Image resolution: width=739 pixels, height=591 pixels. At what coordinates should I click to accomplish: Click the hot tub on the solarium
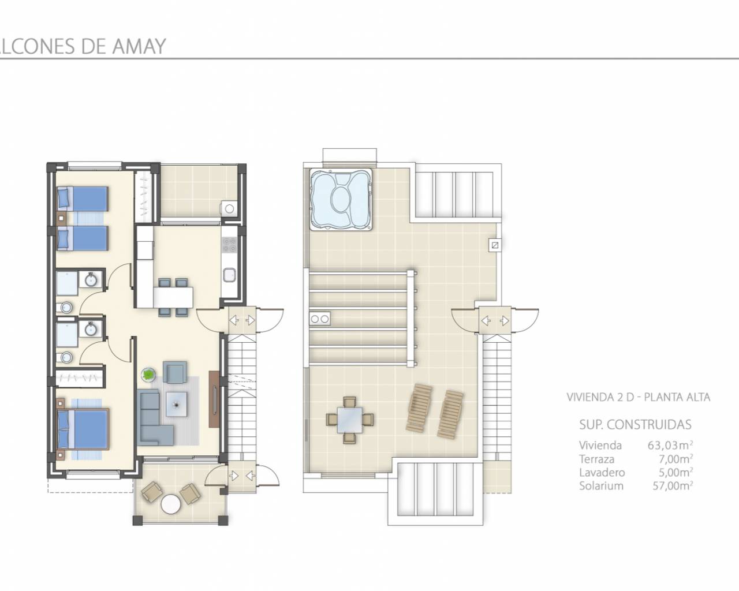(x=341, y=199)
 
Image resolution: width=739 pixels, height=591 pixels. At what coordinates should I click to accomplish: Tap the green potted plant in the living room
(x=148, y=373)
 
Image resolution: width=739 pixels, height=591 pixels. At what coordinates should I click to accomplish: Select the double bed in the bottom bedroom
(x=83, y=429)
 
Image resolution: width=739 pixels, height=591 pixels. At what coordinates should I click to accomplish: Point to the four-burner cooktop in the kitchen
(x=229, y=245)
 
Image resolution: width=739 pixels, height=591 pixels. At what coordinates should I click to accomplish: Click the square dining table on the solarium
(x=350, y=420)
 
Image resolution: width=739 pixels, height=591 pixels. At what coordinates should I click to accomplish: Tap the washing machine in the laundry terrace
(x=229, y=208)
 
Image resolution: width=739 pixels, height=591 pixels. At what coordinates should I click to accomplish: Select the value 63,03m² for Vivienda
(x=670, y=446)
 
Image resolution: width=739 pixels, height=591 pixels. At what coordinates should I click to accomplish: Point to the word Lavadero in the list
(x=602, y=473)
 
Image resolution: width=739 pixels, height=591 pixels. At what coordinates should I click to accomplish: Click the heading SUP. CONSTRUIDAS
(x=635, y=425)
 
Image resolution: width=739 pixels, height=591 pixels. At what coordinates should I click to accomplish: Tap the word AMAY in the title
(x=139, y=46)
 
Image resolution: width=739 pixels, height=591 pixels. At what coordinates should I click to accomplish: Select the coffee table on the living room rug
(x=177, y=405)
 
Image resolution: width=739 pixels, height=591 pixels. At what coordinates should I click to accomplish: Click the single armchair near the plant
(x=175, y=372)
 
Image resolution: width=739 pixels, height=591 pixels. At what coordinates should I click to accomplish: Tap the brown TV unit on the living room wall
(x=214, y=399)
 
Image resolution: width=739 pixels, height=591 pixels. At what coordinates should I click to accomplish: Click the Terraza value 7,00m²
(x=675, y=459)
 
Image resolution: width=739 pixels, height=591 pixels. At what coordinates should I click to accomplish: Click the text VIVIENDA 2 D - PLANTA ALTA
(x=638, y=397)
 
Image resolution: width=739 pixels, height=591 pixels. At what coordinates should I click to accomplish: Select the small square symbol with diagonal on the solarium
(x=495, y=245)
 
